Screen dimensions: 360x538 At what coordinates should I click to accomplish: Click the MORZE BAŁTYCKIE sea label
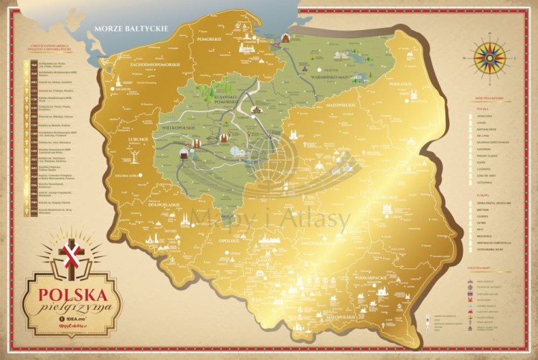tap(131, 29)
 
